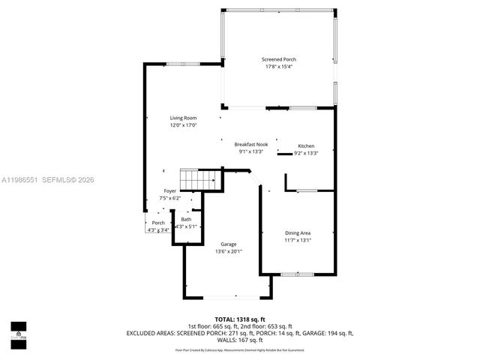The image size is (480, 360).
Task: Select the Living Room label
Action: (x=182, y=118)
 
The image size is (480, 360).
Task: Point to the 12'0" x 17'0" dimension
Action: (x=182, y=125)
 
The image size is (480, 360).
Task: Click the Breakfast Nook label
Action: (x=250, y=144)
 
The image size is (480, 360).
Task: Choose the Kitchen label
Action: (x=306, y=145)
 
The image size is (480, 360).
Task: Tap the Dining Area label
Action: (x=297, y=232)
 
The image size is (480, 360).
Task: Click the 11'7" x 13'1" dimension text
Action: (x=297, y=240)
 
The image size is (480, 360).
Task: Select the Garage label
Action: (x=229, y=244)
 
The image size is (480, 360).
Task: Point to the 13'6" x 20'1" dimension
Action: (x=229, y=252)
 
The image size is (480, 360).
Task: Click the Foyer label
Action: (x=170, y=191)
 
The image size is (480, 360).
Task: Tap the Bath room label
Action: (x=185, y=219)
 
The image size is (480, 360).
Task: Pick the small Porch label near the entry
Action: (x=158, y=223)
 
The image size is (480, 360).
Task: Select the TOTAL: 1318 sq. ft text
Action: (x=240, y=319)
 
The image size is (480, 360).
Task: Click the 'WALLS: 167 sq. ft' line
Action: (x=240, y=339)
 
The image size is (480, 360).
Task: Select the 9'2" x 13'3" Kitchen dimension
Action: (x=306, y=153)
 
